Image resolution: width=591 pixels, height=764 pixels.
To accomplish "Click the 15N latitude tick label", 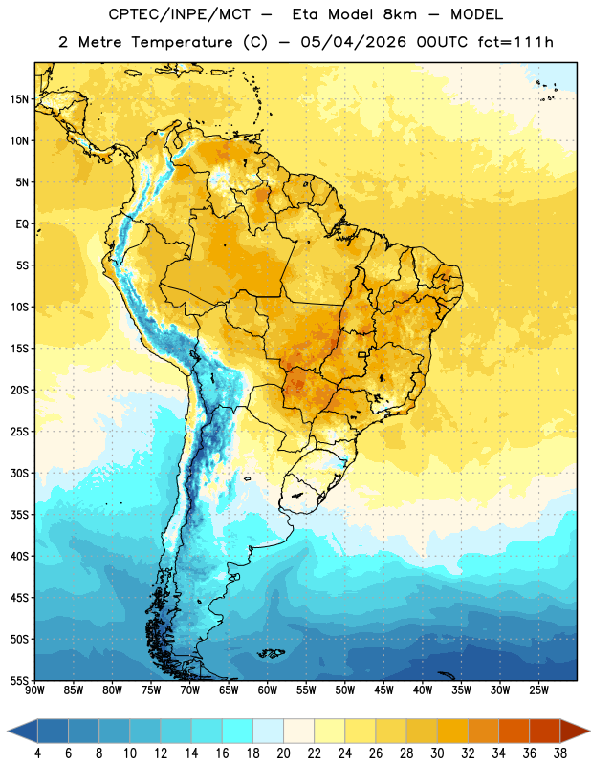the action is click(19, 99).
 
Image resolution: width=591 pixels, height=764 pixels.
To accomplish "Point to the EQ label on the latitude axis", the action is click(22, 224).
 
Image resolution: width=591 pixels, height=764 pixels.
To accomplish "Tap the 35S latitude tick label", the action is click(19, 515).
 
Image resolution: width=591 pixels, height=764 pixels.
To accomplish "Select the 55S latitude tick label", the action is click(19, 681).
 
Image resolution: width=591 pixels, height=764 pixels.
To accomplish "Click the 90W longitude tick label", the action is click(34, 690).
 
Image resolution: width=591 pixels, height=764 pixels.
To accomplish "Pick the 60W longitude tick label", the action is click(268, 690).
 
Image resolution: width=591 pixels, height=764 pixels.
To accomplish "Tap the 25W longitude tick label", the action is click(538, 690).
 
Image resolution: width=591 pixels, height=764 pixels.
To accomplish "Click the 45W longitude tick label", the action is click(383, 690).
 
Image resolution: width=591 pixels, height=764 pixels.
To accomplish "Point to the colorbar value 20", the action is click(283, 753).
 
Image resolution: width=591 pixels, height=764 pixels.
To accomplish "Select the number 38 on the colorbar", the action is click(560, 753).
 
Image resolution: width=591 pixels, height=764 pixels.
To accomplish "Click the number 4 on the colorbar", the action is click(37, 753).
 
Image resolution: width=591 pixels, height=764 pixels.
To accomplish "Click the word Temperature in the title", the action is click(182, 42).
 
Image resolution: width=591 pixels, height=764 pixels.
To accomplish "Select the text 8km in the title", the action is click(400, 14).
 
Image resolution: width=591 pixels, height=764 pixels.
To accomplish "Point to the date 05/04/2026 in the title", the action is click(353, 42).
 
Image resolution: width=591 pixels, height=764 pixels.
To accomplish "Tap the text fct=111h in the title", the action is click(515, 42).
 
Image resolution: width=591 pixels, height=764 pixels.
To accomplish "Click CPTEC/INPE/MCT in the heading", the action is click(180, 14).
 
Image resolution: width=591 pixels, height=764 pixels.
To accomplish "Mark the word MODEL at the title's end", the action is click(476, 14).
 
